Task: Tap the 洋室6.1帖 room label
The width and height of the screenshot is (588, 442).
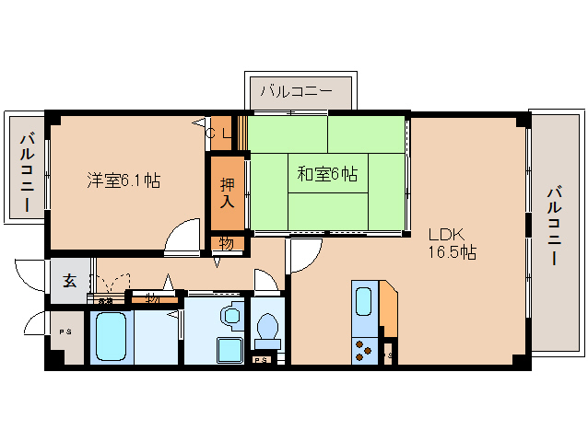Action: point(123,180)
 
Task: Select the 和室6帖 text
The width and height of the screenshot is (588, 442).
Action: point(327,172)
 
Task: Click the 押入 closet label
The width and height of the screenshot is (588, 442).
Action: point(227,192)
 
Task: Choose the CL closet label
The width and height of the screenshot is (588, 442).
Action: point(219,134)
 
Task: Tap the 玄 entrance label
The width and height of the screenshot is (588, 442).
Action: point(70,282)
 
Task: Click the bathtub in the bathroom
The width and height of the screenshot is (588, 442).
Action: point(111,337)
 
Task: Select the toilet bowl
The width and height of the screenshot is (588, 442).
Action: point(268,327)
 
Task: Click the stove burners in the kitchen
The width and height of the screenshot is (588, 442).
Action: point(363,351)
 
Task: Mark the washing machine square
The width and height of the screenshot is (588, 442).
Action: point(228,351)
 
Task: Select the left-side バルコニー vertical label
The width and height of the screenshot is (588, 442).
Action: point(27,171)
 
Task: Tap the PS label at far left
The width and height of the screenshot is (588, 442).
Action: point(65,331)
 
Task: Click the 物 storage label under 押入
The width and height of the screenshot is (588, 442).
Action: point(226,244)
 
